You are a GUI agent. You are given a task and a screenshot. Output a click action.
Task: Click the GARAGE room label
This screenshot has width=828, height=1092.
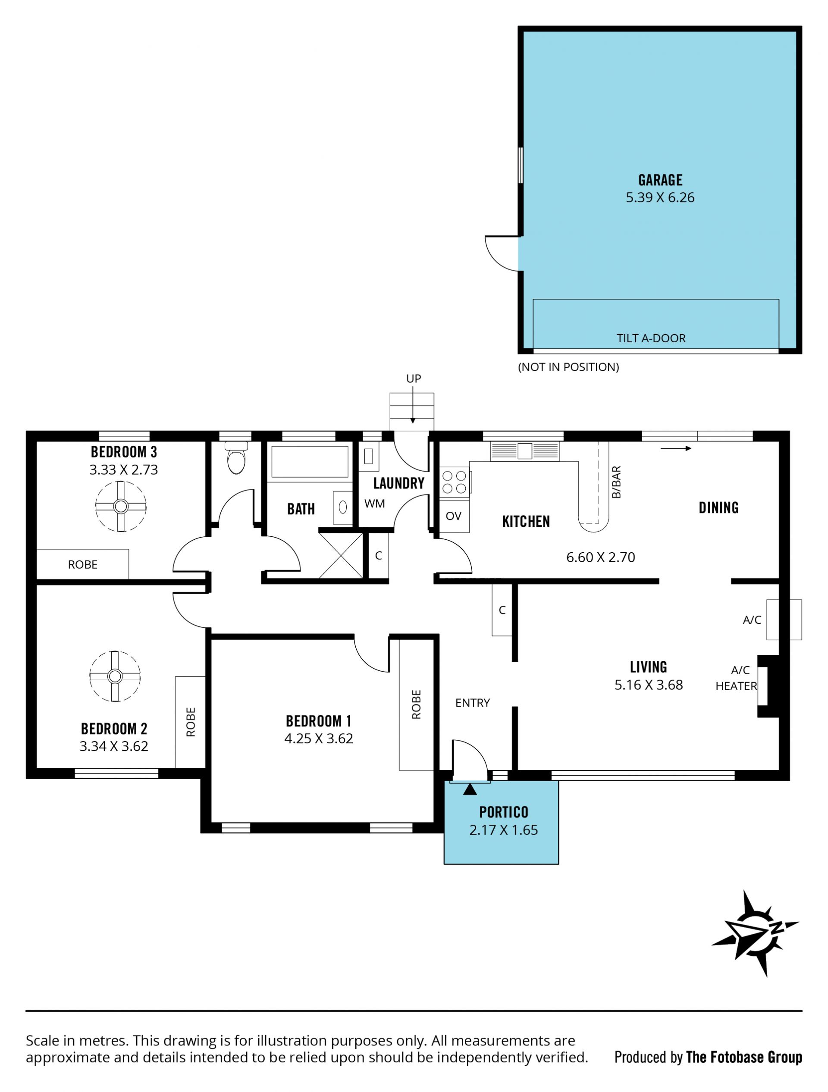[x=660, y=180]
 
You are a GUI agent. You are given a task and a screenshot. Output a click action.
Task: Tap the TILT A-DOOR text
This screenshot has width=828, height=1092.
[x=651, y=338]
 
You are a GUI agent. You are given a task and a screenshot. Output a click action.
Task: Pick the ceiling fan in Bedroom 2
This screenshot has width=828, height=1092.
[x=115, y=676]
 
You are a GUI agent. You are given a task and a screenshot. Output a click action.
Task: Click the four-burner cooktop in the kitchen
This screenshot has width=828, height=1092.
[x=454, y=482]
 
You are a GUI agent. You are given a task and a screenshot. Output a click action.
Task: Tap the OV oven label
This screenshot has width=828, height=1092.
[x=453, y=516]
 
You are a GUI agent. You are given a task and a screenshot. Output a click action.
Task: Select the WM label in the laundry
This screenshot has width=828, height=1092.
[x=375, y=504]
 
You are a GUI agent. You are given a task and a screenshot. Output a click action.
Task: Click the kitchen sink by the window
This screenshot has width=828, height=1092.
[x=524, y=451]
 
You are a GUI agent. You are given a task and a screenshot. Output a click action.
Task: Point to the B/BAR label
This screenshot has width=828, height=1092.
[x=616, y=482]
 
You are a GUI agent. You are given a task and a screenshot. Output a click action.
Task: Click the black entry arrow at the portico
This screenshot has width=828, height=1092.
[x=470, y=790]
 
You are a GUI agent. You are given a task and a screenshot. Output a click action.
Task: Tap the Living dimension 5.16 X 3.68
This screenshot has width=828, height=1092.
[x=649, y=685]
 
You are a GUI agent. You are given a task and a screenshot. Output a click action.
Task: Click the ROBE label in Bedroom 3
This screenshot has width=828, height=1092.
[x=82, y=564]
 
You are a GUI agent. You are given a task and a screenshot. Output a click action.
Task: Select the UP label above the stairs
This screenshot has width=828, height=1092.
[x=413, y=379]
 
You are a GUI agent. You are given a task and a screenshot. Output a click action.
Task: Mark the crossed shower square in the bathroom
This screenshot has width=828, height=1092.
[x=341, y=555]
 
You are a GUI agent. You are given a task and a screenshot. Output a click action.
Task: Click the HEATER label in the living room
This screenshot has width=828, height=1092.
[x=736, y=686]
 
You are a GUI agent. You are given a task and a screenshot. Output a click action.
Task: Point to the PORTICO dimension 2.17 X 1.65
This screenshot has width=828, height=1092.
[x=504, y=830]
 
